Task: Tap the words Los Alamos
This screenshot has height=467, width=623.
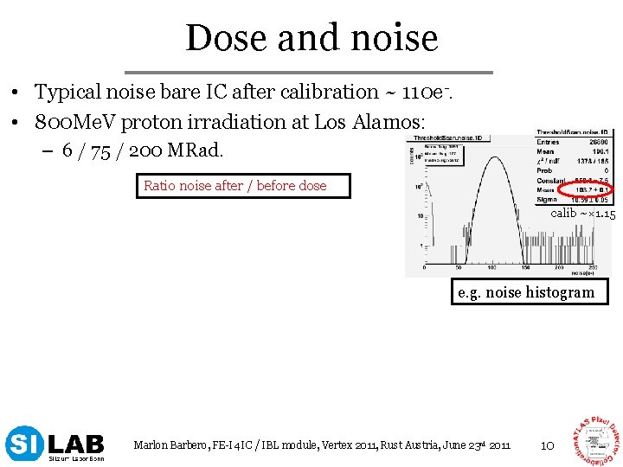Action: click(x=389, y=122)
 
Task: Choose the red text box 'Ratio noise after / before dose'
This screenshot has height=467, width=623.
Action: click(x=243, y=185)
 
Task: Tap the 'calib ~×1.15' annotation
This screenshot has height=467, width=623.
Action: click(x=583, y=213)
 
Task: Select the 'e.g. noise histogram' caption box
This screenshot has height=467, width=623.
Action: click(x=526, y=292)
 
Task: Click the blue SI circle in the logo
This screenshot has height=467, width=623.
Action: click(x=24, y=444)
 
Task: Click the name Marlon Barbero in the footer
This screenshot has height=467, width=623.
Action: click(x=169, y=445)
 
